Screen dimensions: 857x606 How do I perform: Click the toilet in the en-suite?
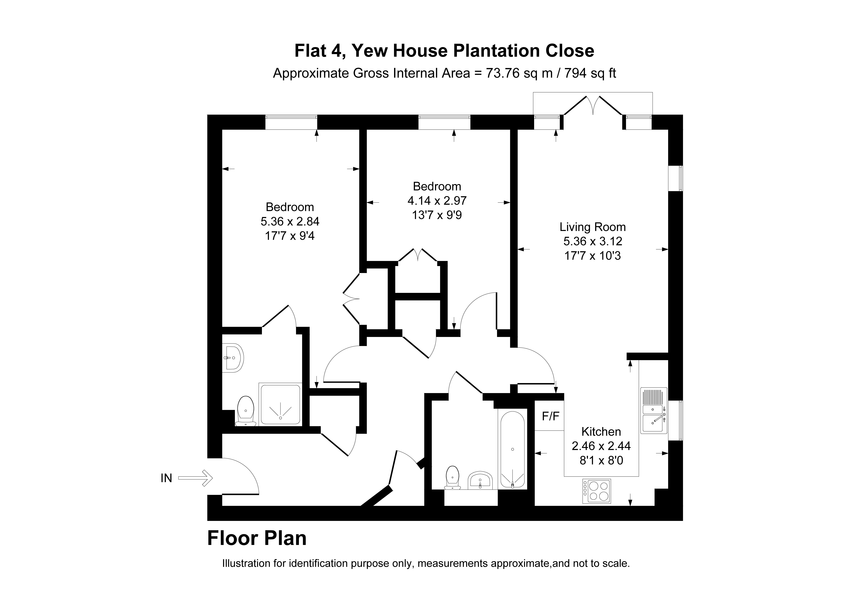tap(245, 411)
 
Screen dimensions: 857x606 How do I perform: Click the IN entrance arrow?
tap(195, 478)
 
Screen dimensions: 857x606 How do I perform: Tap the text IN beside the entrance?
tap(166, 478)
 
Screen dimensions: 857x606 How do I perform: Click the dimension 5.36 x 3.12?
tap(593, 241)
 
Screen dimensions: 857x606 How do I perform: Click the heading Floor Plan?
tap(257, 538)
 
